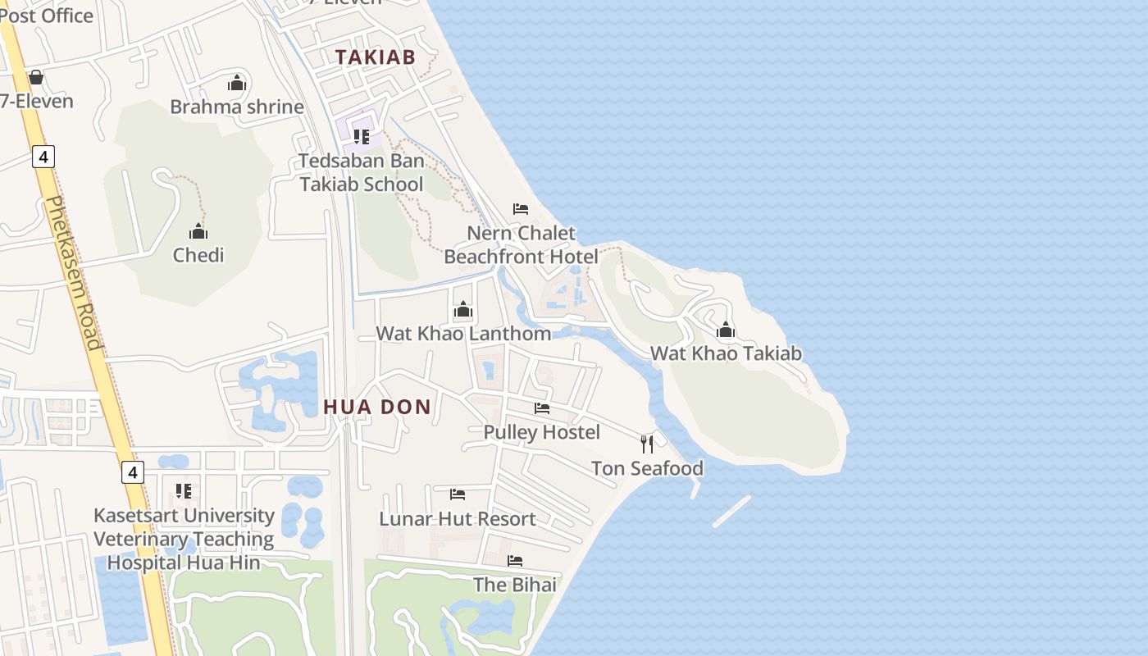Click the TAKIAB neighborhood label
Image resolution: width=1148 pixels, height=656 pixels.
click(375, 57)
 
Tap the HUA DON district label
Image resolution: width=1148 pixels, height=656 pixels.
click(376, 407)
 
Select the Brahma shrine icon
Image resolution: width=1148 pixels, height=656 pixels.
click(237, 83)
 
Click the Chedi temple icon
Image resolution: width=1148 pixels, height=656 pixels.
click(198, 231)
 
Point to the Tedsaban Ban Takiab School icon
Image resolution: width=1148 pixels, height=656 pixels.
click(362, 136)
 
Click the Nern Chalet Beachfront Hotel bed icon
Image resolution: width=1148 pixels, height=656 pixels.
click(520, 209)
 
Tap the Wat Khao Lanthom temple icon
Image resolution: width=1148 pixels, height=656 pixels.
click(463, 310)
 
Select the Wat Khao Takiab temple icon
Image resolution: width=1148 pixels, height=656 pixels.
click(726, 330)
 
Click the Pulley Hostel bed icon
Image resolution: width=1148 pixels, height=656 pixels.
click(542, 408)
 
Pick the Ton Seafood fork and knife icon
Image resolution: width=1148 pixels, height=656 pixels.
click(647, 444)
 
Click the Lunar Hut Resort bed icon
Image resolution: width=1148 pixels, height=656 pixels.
click(458, 494)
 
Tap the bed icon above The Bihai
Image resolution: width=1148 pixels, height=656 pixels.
click(515, 561)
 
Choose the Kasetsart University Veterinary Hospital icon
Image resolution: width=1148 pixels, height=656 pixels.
click(184, 491)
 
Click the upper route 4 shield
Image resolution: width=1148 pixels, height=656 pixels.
click(43, 156)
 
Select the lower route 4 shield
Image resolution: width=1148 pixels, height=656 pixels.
click(133, 472)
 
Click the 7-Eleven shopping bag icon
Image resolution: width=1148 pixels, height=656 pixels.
click(35, 78)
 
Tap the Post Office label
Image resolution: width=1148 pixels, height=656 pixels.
click(46, 15)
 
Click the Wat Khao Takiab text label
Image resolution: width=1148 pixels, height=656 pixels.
click(726, 353)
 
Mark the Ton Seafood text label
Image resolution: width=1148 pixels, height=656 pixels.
click(647, 468)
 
